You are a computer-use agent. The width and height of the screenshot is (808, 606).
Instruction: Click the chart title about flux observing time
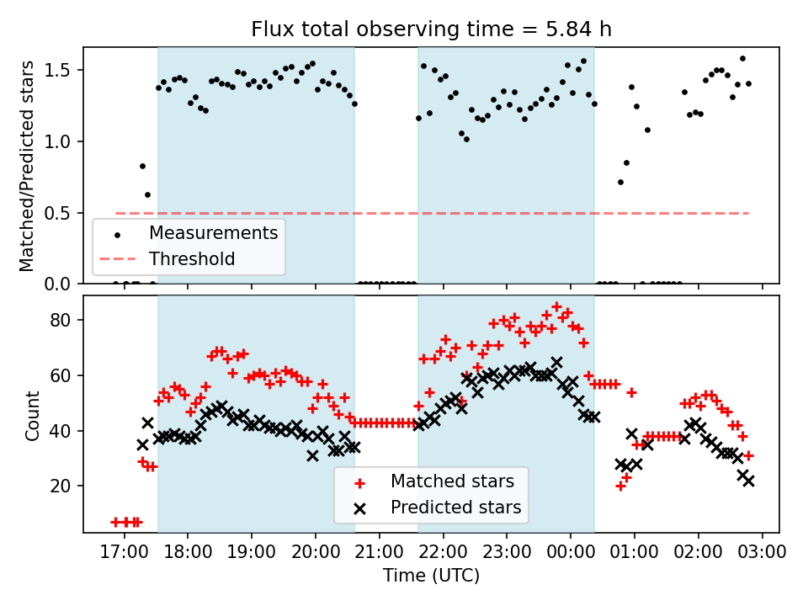431,29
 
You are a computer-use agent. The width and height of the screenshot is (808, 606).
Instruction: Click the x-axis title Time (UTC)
431,576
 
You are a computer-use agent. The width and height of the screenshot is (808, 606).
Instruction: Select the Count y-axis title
33,414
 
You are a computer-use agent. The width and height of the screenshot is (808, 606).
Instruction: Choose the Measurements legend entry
214,232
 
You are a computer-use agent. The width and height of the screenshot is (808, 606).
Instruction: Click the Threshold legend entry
192,258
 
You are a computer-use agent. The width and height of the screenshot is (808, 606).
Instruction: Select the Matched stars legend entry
453,481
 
